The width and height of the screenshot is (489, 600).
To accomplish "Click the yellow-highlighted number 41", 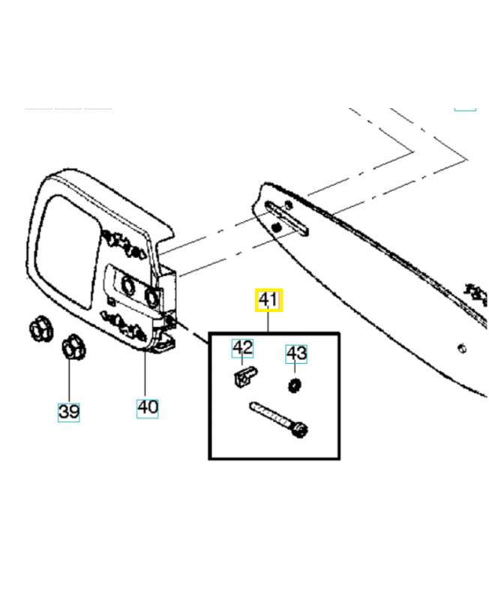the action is pyautogui.click(x=268, y=300).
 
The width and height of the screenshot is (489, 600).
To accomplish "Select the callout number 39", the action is pyautogui.click(x=68, y=412).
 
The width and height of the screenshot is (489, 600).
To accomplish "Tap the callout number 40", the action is pyautogui.click(x=147, y=407).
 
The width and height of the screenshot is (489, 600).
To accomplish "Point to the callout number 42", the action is pyautogui.click(x=242, y=348).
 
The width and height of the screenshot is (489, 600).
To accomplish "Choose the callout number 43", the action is pyautogui.click(x=296, y=353).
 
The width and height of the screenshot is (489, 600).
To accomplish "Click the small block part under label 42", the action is pyautogui.click(x=244, y=377).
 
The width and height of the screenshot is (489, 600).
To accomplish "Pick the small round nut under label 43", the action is pyautogui.click(x=294, y=385).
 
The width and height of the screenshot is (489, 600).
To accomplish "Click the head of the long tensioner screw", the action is pyautogui.click(x=300, y=429).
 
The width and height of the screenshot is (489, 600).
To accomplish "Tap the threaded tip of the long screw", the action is pyautogui.click(x=253, y=406).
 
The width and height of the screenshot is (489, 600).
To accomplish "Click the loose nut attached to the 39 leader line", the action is pyautogui.click(x=73, y=346).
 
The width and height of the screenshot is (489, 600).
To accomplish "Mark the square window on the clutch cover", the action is pyautogui.click(x=67, y=251).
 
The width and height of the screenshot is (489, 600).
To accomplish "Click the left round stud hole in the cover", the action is pyautogui.click(x=127, y=285).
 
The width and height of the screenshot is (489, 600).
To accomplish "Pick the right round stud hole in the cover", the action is pyautogui.click(x=151, y=296).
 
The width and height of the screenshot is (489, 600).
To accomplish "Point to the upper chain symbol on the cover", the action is pyautogui.click(x=123, y=244).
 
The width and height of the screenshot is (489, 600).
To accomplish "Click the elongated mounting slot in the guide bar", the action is pyautogui.click(x=287, y=218).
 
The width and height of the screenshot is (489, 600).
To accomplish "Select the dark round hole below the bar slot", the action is pyautogui.click(x=276, y=228).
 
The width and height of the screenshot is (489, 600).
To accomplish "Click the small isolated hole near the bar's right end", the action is pyautogui.click(x=462, y=349).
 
